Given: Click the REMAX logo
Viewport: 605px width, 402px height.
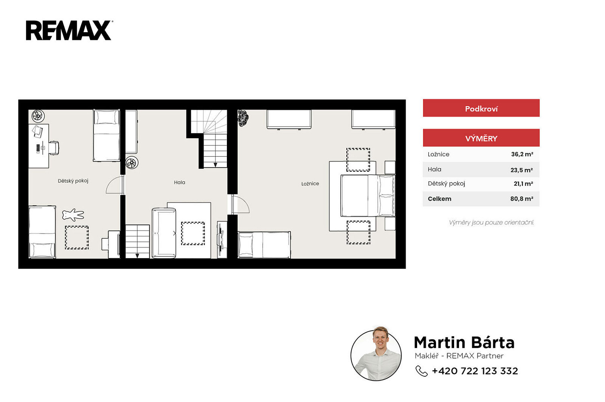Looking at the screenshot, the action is click(69, 30).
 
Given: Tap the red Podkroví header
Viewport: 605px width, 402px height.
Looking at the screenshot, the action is click(481, 108).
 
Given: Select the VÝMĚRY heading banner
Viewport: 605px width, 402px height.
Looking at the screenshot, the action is click(481, 138).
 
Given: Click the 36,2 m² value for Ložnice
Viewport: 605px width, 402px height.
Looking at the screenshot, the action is click(522, 154).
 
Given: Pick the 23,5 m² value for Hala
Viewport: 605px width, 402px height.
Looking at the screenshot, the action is click(522, 170).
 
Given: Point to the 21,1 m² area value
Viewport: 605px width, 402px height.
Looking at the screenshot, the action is click(523, 184).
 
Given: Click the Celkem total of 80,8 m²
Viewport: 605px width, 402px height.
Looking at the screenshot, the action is click(522, 199).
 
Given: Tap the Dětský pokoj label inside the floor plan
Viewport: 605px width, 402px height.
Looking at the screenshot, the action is click(73, 181).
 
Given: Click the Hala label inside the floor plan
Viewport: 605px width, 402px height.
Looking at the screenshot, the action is click(179, 183).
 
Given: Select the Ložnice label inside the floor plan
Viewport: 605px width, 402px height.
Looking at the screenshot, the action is click(310, 184).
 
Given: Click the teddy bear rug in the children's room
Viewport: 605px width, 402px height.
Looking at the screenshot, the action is click(73, 215).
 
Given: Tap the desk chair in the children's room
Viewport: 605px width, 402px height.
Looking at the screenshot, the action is click(54, 148).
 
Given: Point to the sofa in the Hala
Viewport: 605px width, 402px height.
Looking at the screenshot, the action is click(164, 233).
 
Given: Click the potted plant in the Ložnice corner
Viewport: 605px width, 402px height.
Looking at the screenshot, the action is click(243, 118).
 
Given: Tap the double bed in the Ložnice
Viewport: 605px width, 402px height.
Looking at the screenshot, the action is click(368, 196).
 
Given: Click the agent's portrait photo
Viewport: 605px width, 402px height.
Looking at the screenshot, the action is click(376, 354).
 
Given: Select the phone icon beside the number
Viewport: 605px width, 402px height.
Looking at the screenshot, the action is click(421, 371).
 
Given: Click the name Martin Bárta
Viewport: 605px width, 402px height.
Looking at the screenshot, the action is click(464, 343).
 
